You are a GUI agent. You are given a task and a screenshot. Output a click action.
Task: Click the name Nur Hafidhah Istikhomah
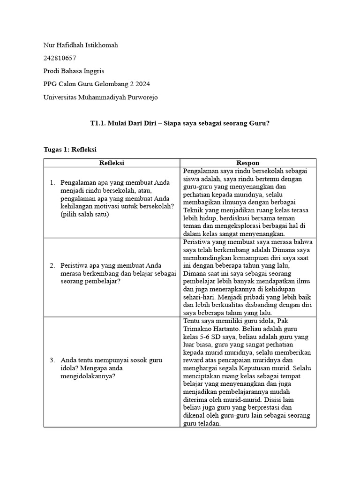coord(80,45)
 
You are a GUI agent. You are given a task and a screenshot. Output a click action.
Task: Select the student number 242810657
coord(60,59)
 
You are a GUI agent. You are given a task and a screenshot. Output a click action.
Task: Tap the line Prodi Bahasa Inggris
coord(74,71)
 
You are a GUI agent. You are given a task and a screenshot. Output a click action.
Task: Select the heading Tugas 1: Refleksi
coord(69,149)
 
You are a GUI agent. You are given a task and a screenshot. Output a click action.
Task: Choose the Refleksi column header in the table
coord(112,163)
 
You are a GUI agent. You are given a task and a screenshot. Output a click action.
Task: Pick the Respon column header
coord(247,163)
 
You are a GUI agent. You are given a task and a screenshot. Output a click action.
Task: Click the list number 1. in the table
coord(52,182)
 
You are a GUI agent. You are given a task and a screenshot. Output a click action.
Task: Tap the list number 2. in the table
coord(52,265)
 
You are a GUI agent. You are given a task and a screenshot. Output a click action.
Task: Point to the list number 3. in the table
coord(52,360)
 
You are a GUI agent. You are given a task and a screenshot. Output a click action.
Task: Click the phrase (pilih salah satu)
coord(84,214)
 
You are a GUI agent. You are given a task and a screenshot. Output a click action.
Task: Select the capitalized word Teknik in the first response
coord(193,210)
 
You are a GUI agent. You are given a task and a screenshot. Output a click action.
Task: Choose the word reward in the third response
coord(193,360)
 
